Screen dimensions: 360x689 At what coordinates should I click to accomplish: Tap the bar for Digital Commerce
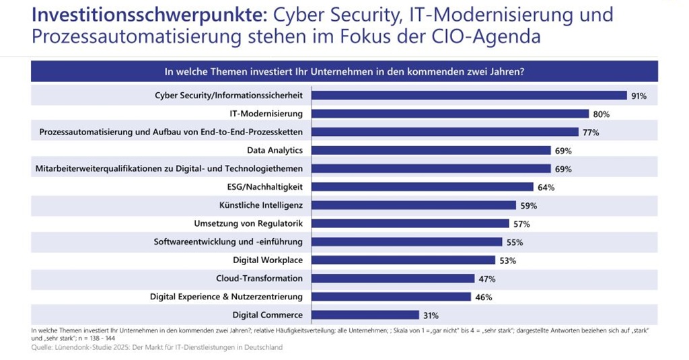(x=365, y=314)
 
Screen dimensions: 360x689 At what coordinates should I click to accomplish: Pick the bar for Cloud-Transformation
(x=392, y=278)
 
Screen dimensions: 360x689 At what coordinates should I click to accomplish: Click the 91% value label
(x=639, y=96)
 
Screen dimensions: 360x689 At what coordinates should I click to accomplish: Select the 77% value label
(x=591, y=133)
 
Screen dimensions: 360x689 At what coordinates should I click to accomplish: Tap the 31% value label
(x=431, y=315)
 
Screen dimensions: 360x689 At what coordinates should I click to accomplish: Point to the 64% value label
(x=546, y=187)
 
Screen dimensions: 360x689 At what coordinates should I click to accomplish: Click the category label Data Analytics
(x=275, y=150)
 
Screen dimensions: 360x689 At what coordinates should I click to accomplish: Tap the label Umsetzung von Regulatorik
(x=248, y=223)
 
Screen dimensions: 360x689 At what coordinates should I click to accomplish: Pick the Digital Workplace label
(x=268, y=260)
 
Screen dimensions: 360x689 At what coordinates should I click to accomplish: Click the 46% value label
(x=483, y=297)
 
